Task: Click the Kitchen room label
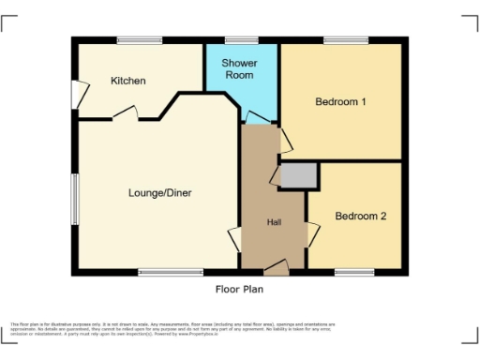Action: [x=128, y=81]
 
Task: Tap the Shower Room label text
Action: [x=239, y=68]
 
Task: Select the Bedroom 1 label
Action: [x=339, y=101]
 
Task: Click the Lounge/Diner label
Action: [x=159, y=193]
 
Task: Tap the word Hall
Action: [x=275, y=222]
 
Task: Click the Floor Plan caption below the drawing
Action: [x=240, y=290]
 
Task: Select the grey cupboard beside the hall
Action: [x=299, y=175]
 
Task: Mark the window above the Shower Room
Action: [x=235, y=39]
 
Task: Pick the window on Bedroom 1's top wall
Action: [x=339, y=39]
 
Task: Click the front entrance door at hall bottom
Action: [x=276, y=269]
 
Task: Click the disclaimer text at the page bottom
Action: [x=173, y=328]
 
